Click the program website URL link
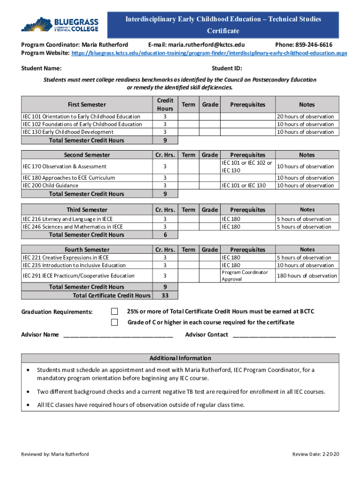(x=209, y=53)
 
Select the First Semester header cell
(x=87, y=104)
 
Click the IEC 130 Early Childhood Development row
(x=68, y=132)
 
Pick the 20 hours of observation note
(x=305, y=116)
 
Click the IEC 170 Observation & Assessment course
(x=65, y=167)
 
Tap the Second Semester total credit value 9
(x=165, y=194)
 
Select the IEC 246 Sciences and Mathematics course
(x=73, y=227)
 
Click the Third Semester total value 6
(x=165, y=235)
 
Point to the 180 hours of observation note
(x=307, y=276)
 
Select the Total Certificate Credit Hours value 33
(x=165, y=295)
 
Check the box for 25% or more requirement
(x=115, y=312)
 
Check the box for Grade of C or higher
(x=115, y=322)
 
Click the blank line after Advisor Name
(x=118, y=335)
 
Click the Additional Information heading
(x=180, y=358)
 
